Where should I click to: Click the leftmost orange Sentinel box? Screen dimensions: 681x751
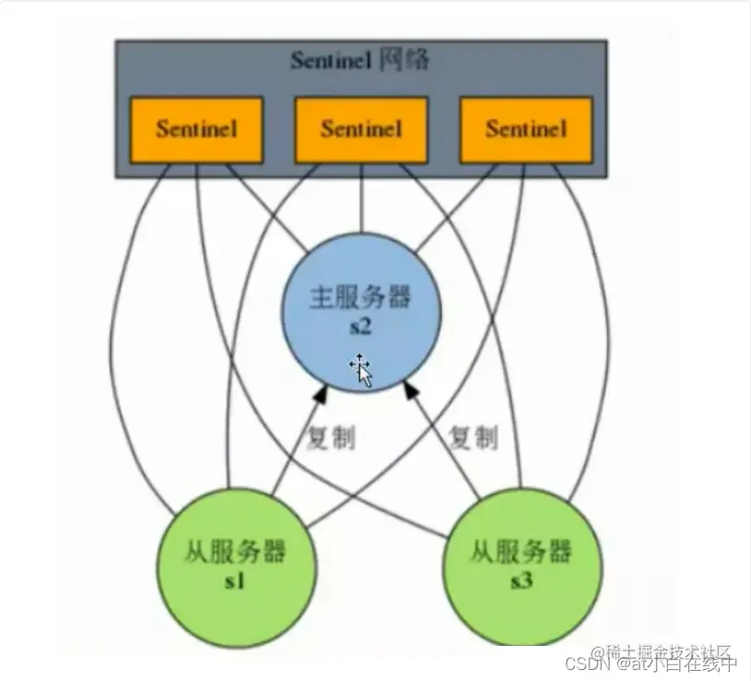[197, 128]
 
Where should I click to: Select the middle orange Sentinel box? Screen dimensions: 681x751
[361, 128]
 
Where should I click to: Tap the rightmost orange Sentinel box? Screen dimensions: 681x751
[525, 128]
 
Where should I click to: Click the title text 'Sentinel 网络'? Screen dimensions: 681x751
[360, 62]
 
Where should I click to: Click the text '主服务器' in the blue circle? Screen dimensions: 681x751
[360, 298]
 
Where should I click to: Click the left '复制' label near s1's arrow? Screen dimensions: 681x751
[330, 437]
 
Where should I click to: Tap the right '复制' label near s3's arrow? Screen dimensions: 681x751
[472, 437]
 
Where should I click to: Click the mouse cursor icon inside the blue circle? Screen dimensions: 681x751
[362, 369]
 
